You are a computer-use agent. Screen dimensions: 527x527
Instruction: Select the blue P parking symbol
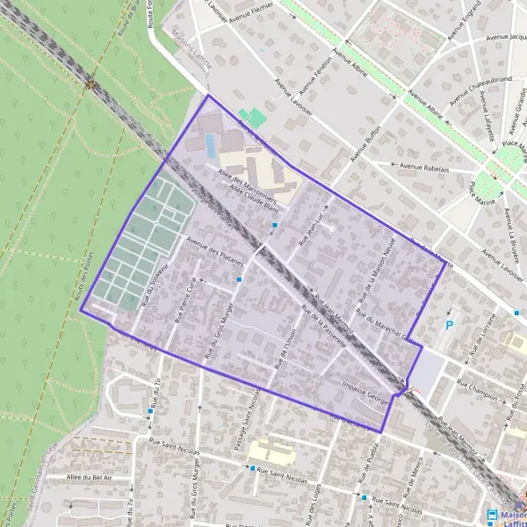coord(451,325)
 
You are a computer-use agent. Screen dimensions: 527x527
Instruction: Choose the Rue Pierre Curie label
coord(187,300)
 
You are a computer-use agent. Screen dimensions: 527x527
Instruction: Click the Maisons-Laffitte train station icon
coord(492,516)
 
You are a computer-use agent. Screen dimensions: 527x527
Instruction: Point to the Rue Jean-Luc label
coord(312,227)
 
